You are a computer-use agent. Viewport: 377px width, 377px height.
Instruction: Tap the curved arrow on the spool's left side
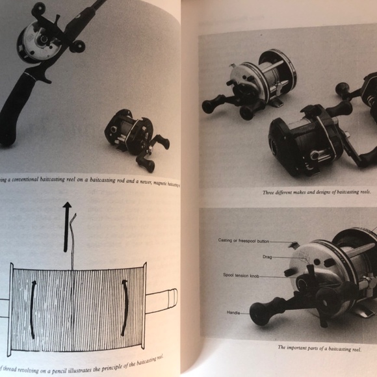(x=31, y=308)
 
